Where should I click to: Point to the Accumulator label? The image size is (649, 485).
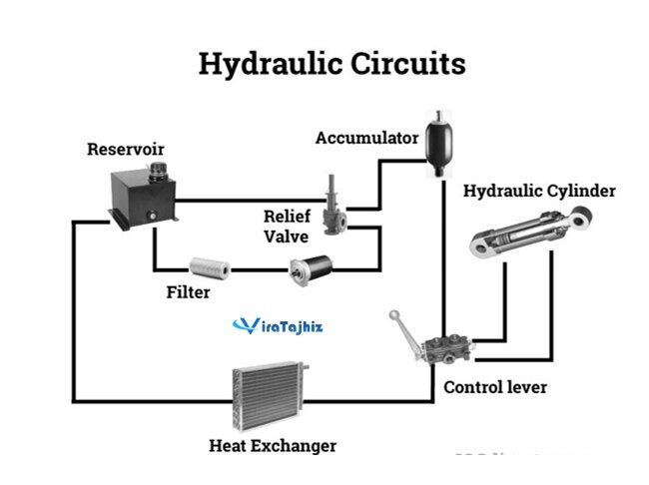point(366,138)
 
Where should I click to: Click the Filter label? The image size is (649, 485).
point(188,293)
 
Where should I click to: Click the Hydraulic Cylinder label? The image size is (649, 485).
point(539,191)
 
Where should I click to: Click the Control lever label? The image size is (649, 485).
point(495,386)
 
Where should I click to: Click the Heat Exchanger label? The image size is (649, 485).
point(272,445)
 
